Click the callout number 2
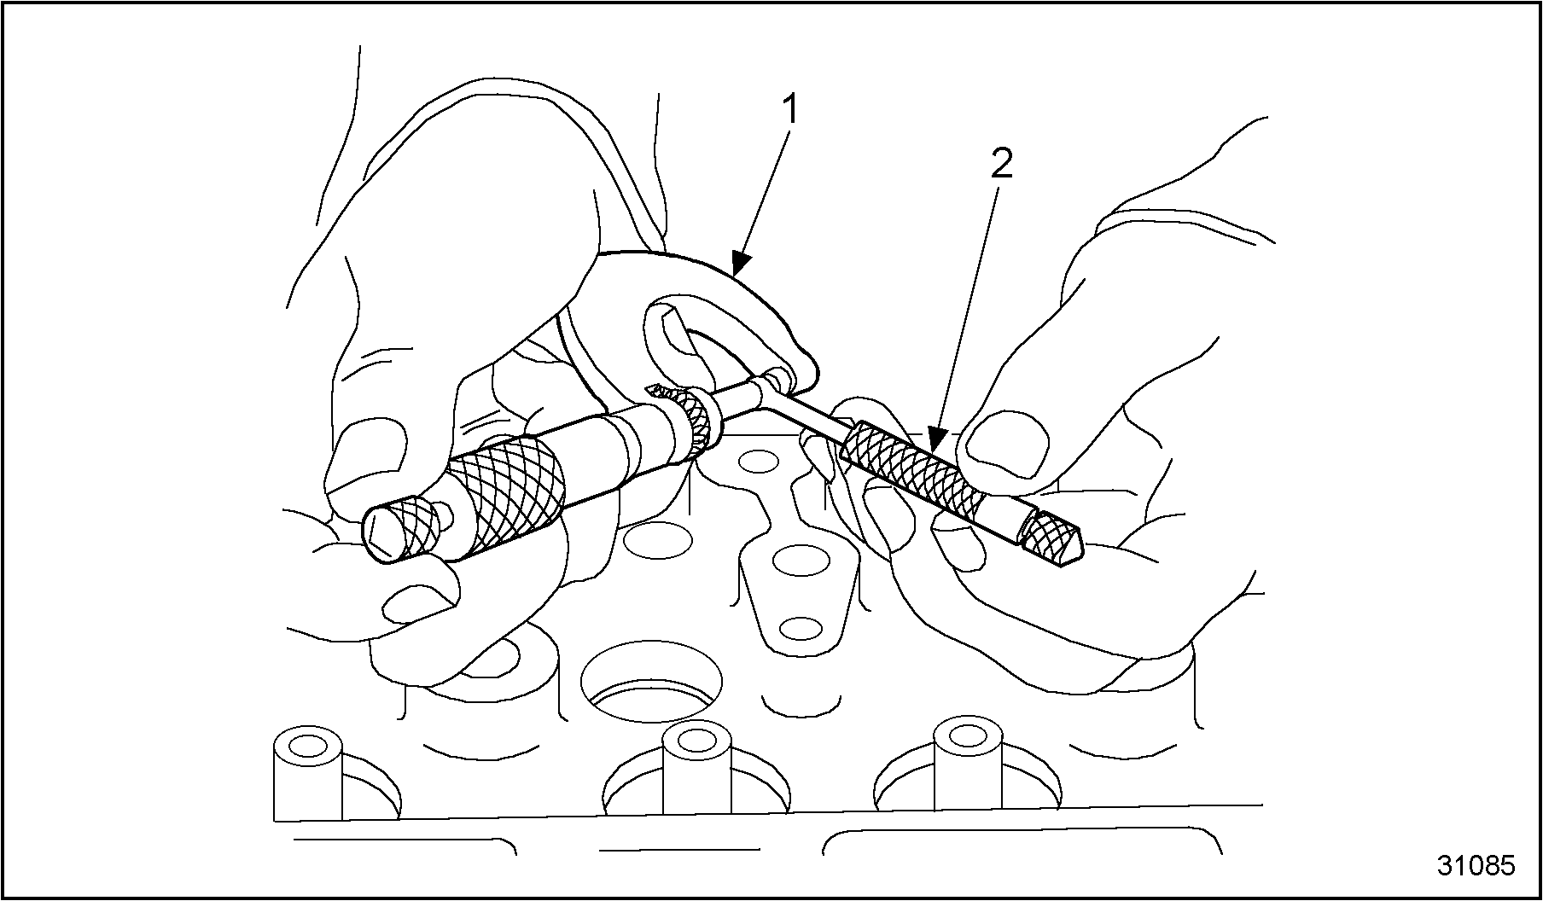click(1001, 164)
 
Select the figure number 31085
click(1476, 865)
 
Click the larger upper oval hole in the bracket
click(800, 561)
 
